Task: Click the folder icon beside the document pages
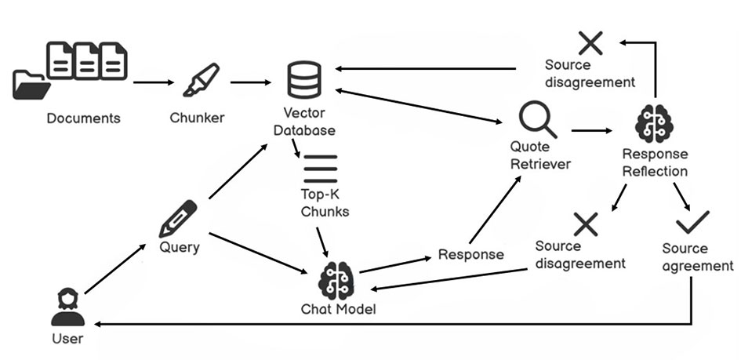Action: click(x=30, y=84)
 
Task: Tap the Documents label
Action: click(x=84, y=118)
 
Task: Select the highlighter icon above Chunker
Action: click(x=200, y=81)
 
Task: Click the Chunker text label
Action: click(x=197, y=118)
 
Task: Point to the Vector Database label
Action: click(x=304, y=122)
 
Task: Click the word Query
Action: click(x=180, y=248)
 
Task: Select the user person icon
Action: click(x=67, y=307)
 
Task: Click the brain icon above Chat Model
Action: click(x=338, y=278)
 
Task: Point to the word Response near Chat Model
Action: click(x=470, y=255)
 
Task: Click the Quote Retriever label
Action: click(x=540, y=155)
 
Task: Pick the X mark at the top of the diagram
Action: click(x=590, y=42)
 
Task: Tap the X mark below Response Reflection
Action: click(x=586, y=224)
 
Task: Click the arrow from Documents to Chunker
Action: click(x=154, y=82)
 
